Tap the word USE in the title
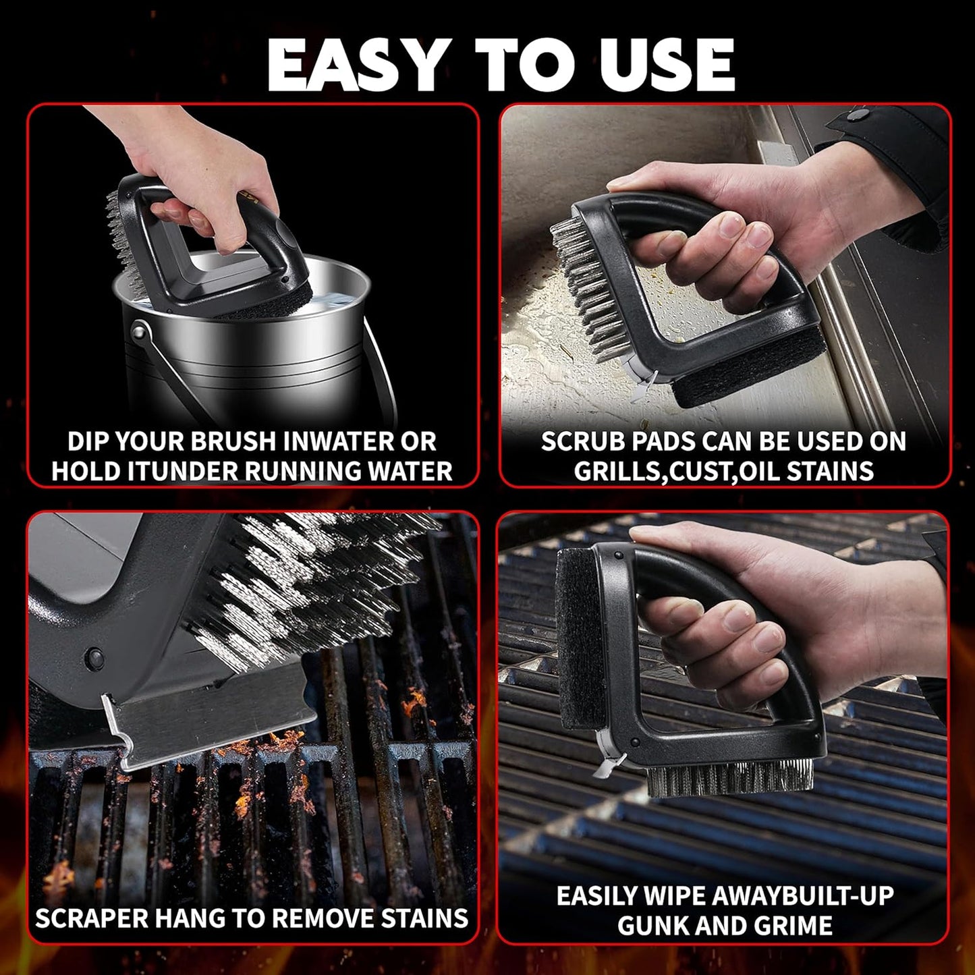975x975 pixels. point(660,65)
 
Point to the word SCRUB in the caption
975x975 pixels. point(582,441)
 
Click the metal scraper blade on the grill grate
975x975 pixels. point(202,729)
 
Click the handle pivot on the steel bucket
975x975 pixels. point(139,333)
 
